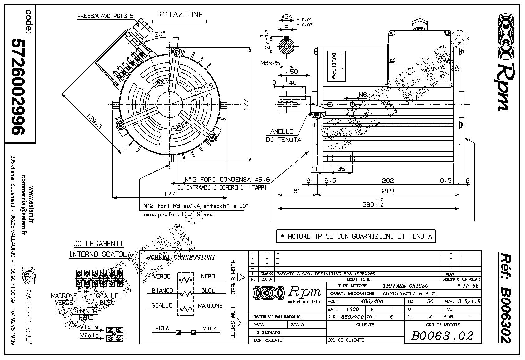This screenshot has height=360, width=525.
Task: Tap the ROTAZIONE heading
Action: click(x=180, y=15)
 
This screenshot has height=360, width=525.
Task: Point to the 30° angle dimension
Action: click(x=160, y=34)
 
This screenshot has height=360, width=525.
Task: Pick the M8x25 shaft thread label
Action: click(x=270, y=63)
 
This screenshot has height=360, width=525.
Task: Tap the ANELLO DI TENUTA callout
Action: click(x=284, y=136)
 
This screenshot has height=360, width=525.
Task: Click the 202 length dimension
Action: click(x=388, y=180)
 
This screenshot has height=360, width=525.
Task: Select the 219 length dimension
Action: click(x=388, y=190)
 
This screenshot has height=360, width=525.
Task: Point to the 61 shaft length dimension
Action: click(x=297, y=190)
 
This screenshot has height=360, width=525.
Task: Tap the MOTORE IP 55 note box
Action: click(x=356, y=236)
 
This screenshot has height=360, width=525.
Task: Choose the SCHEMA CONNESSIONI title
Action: click(x=181, y=257)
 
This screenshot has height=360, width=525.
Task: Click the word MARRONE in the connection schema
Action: click(x=210, y=306)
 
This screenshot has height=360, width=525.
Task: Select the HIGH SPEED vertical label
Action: click(x=232, y=277)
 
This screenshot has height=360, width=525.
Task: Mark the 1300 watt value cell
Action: click(x=352, y=309)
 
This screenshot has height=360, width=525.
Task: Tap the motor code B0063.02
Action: click(x=442, y=336)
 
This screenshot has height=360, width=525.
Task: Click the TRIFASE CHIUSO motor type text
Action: click(x=406, y=286)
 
